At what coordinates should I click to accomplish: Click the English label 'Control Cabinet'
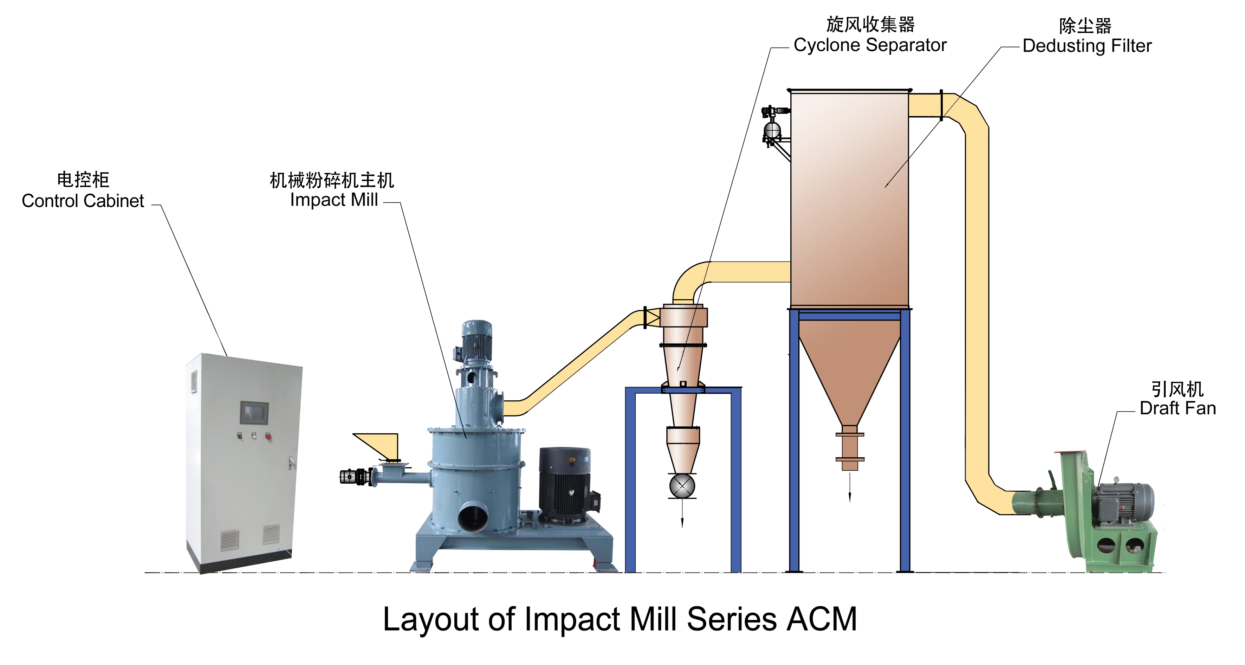(x=83, y=201)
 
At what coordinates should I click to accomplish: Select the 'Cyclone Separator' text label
(x=870, y=45)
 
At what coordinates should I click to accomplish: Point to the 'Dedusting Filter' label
(x=1087, y=46)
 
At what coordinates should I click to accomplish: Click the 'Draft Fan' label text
(x=1177, y=408)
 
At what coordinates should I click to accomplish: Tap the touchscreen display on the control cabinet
(x=254, y=412)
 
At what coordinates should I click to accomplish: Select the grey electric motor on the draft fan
(x=1124, y=503)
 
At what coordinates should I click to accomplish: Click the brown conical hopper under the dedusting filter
(x=849, y=367)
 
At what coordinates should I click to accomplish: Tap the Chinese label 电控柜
(x=83, y=180)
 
